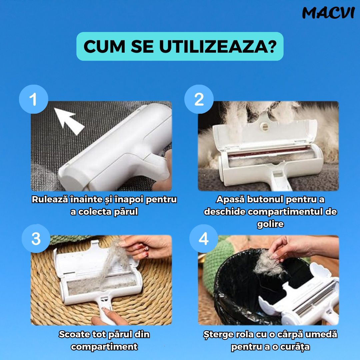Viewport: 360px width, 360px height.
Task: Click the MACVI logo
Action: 329,13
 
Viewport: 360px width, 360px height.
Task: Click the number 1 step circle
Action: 34,99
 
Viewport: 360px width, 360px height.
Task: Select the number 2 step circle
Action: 199,99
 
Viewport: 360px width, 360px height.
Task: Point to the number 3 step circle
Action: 36,239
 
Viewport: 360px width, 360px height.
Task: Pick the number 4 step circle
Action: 204,239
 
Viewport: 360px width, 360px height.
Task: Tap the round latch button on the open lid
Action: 265,126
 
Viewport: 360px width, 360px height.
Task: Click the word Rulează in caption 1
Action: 50,199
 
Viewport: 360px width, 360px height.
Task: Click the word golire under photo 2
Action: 270,224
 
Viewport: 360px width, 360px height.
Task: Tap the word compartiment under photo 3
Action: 104,347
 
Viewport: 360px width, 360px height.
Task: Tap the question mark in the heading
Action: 272,47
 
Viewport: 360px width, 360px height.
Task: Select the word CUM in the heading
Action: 104,47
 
